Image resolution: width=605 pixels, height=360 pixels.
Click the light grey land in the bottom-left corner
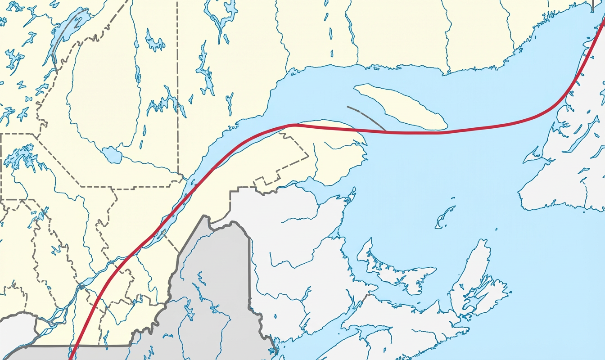point(16,331)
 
